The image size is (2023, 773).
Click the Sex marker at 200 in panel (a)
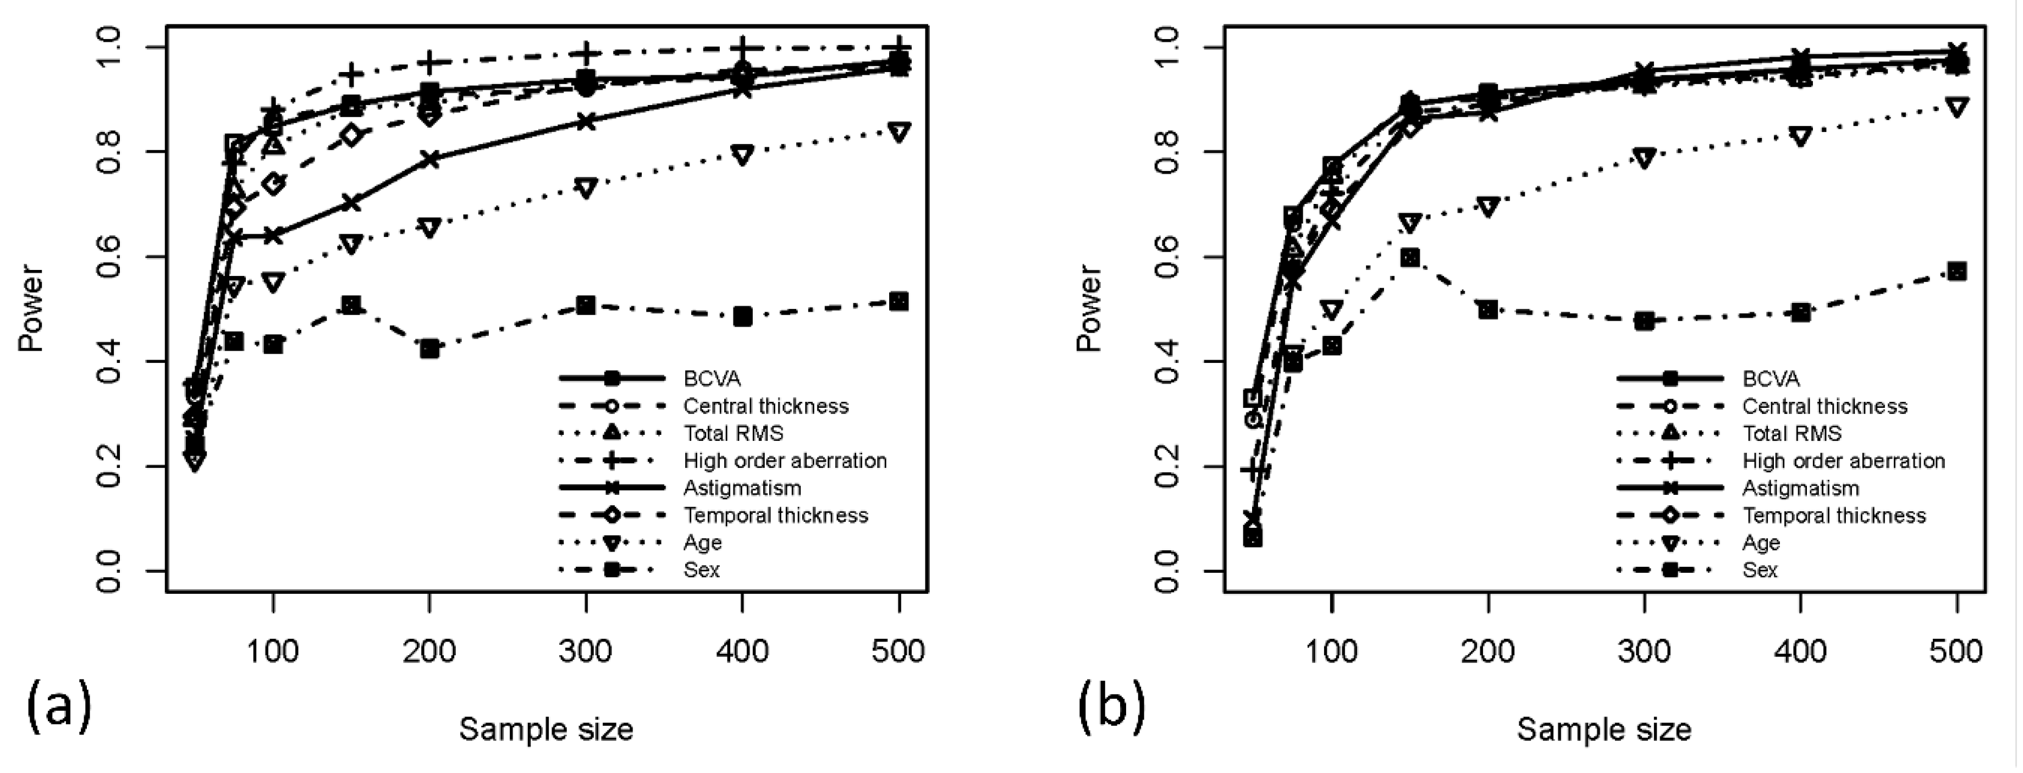[x=429, y=349]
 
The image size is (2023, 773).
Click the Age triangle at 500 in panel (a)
[x=899, y=132]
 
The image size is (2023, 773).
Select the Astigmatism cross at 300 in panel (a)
[x=586, y=122]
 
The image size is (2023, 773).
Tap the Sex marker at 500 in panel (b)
[x=1957, y=272]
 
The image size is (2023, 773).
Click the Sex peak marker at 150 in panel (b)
[x=1410, y=258]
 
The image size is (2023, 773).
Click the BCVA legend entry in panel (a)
[x=712, y=379]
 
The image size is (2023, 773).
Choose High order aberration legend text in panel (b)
[x=1843, y=460]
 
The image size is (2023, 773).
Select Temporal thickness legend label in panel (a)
[x=775, y=515]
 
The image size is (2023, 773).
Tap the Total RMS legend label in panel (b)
[x=1792, y=433]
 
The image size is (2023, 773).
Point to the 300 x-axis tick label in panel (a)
[x=586, y=651]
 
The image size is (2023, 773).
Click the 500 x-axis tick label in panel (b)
[x=1956, y=651]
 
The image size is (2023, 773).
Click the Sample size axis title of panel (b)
[x=1603, y=730]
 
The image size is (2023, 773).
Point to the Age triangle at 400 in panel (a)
[x=742, y=154]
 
